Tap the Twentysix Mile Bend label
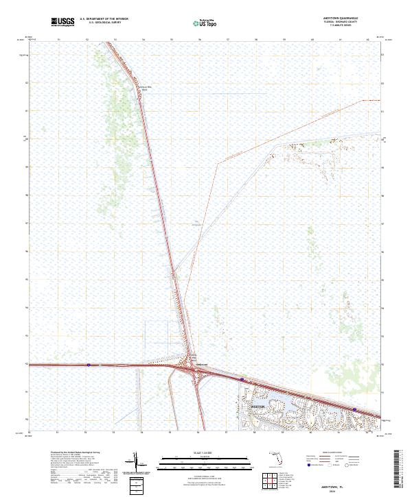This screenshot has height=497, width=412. pyautogui.click(x=145, y=88)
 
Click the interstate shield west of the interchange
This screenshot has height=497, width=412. pyautogui.click(x=89, y=365)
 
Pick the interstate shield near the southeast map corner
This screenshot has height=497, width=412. pyautogui.click(x=354, y=409)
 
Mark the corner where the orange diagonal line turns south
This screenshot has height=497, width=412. pyautogui.click(x=218, y=162)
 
